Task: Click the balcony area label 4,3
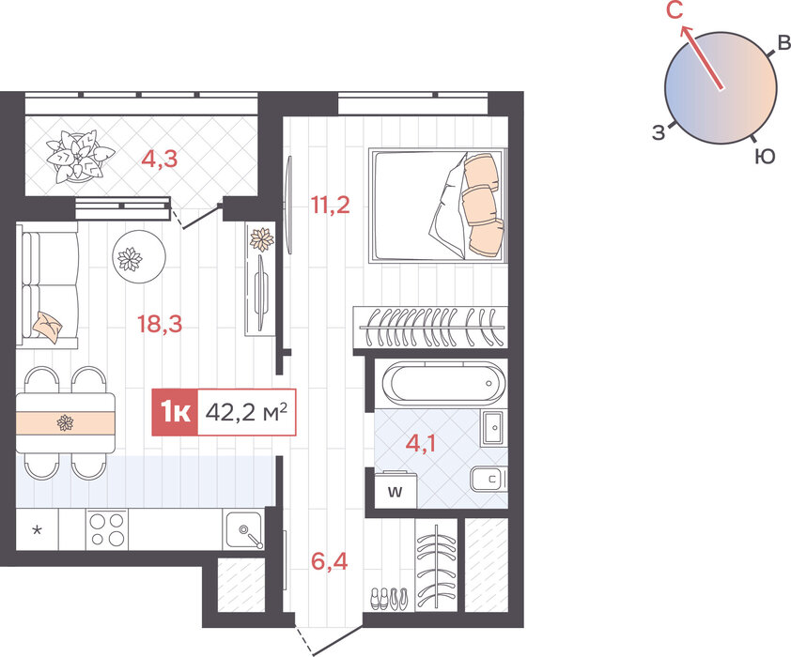click(160, 159)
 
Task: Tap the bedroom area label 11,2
click(331, 205)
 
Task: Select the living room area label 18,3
click(160, 324)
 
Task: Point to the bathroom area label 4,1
click(421, 444)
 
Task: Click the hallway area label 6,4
click(330, 560)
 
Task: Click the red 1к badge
click(175, 412)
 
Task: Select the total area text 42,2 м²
click(246, 412)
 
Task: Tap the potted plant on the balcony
click(80, 156)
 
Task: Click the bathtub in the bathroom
click(442, 382)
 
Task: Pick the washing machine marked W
click(395, 490)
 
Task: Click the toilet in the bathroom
click(489, 478)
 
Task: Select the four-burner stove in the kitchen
click(107, 529)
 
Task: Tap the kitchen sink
click(244, 530)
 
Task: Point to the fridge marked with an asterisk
click(38, 529)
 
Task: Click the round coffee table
click(139, 257)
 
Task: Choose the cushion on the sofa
click(47, 326)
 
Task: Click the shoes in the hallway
click(390, 599)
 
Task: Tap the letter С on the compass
click(675, 10)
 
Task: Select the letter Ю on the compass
click(765, 157)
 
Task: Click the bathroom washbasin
click(493, 428)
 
